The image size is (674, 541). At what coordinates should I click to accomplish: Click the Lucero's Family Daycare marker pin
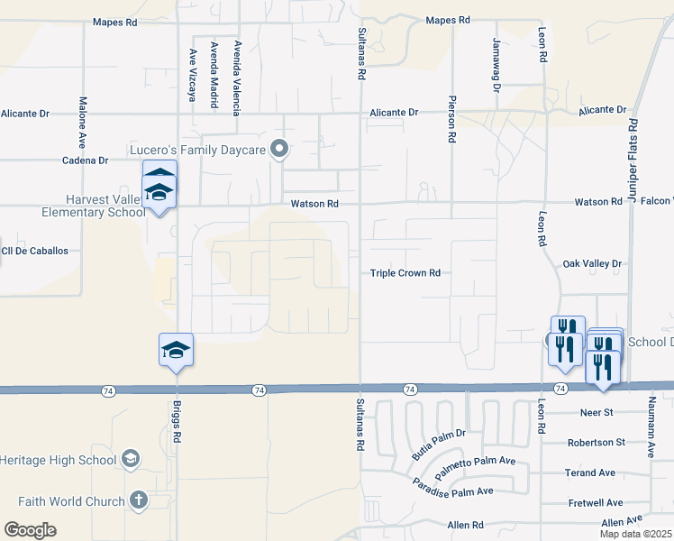coord(280,150)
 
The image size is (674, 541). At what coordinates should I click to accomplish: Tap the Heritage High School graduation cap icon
coord(131,460)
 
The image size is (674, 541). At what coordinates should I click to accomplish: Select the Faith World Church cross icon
coord(138,500)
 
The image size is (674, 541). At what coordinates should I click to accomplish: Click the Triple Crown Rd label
coord(405,273)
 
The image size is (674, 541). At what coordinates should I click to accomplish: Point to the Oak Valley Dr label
coord(592,263)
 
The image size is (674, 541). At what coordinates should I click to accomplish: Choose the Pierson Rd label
coord(451,121)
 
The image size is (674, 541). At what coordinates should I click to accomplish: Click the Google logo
coord(30,530)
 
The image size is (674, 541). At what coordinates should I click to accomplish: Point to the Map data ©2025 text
coord(635,534)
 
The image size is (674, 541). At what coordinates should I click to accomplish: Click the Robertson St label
coord(596,443)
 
